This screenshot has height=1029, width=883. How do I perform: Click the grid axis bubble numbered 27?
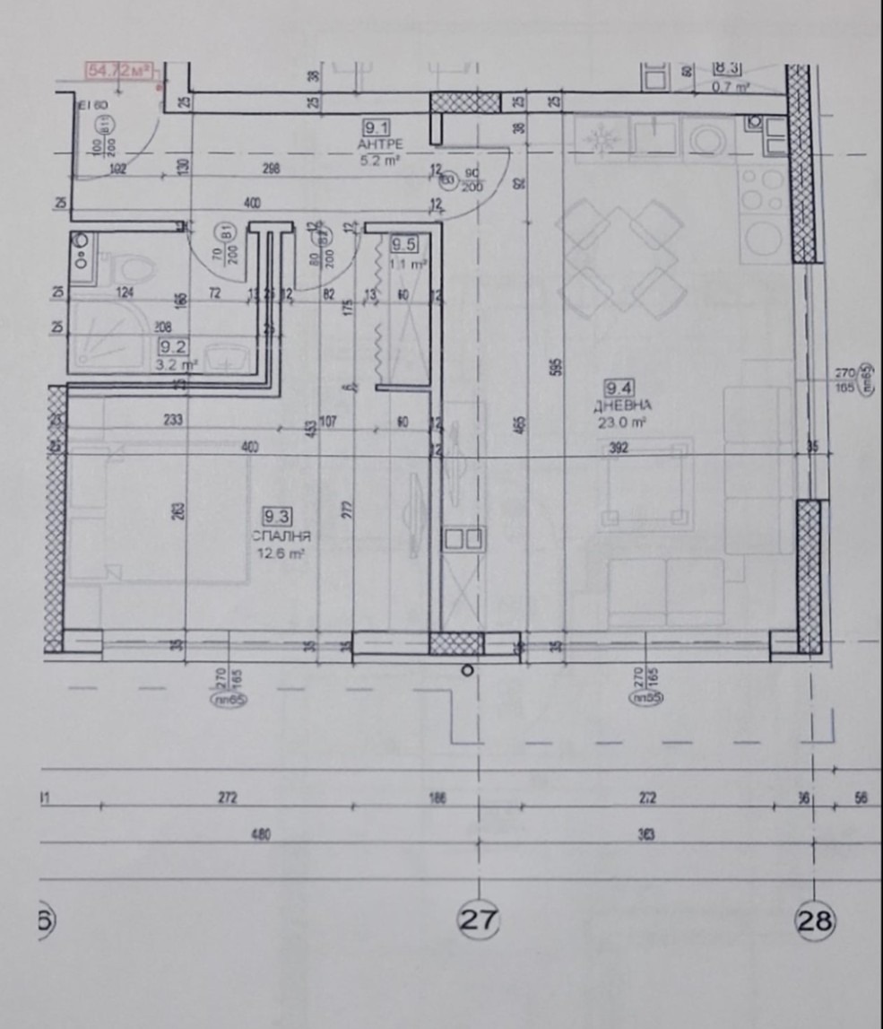point(479,919)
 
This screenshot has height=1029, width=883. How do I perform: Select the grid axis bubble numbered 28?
point(815,920)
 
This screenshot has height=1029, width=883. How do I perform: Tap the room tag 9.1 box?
point(373,127)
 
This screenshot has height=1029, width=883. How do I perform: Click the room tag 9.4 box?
point(619,388)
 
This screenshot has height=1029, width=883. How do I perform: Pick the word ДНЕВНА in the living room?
point(619,405)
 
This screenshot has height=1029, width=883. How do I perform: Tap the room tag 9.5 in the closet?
point(405,242)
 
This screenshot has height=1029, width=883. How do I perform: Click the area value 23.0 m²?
point(619,421)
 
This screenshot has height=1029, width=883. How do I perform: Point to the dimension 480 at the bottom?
point(261,834)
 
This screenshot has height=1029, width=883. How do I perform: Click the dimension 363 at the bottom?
point(646,834)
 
